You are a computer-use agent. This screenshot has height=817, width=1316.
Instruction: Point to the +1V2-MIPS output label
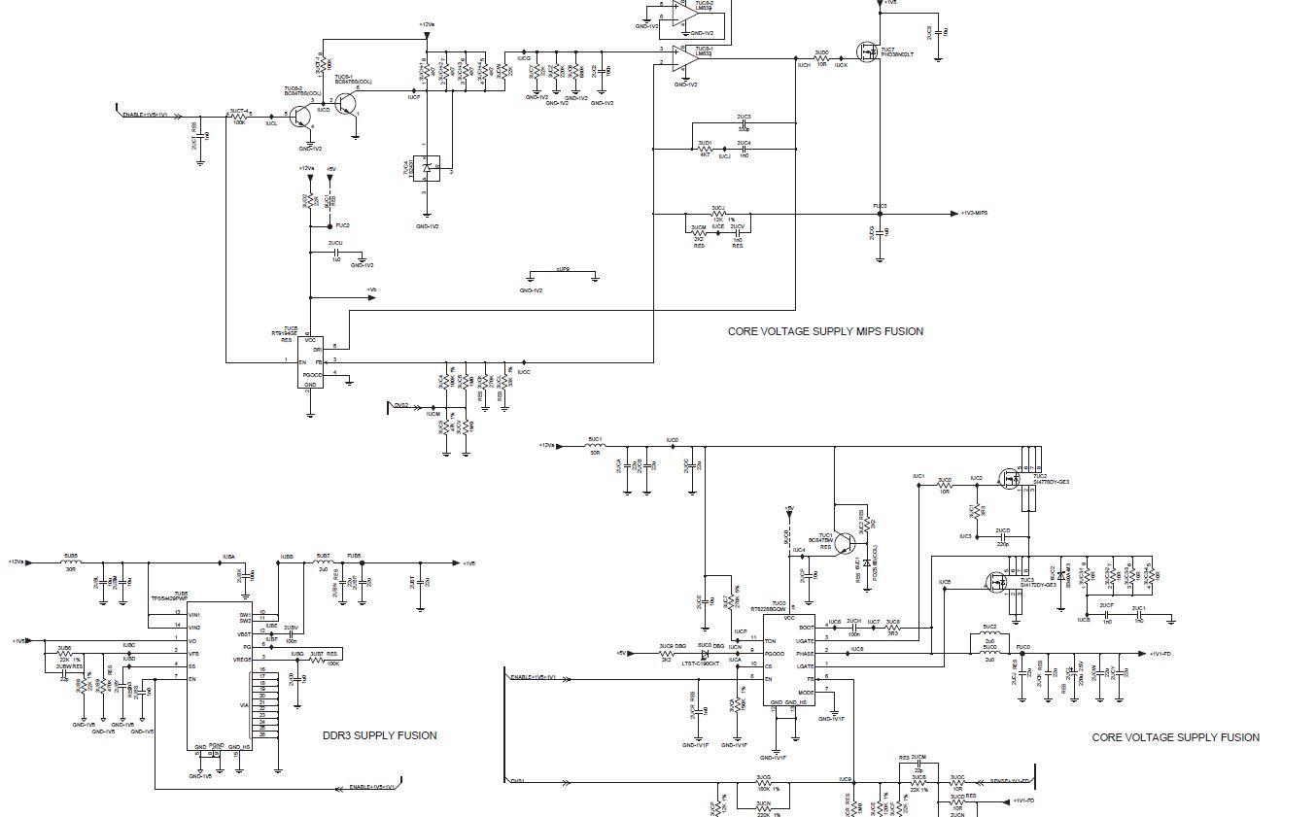coord(974,214)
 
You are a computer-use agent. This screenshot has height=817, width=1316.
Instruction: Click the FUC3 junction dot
coord(880,214)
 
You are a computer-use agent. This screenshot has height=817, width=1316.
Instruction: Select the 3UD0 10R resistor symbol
coord(821,59)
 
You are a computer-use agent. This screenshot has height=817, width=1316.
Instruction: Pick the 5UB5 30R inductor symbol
coord(70,562)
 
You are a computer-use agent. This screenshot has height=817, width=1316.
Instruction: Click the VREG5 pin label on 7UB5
coord(242,659)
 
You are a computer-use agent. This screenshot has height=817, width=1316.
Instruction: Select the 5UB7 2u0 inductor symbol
coord(323,562)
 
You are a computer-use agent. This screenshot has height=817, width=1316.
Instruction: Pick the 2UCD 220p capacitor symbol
coord(1002,537)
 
